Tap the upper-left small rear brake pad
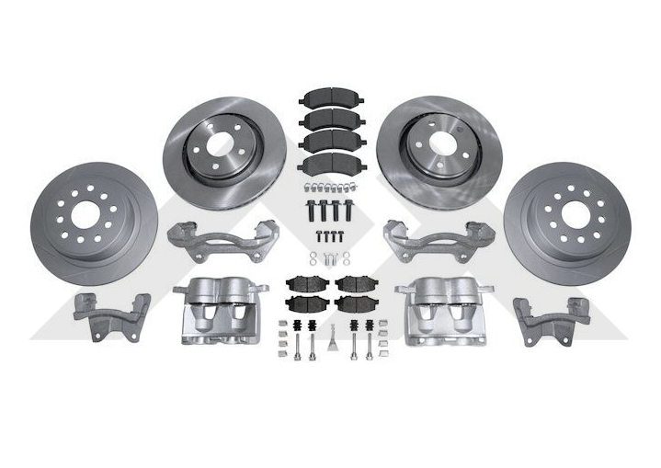click(302, 282)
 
